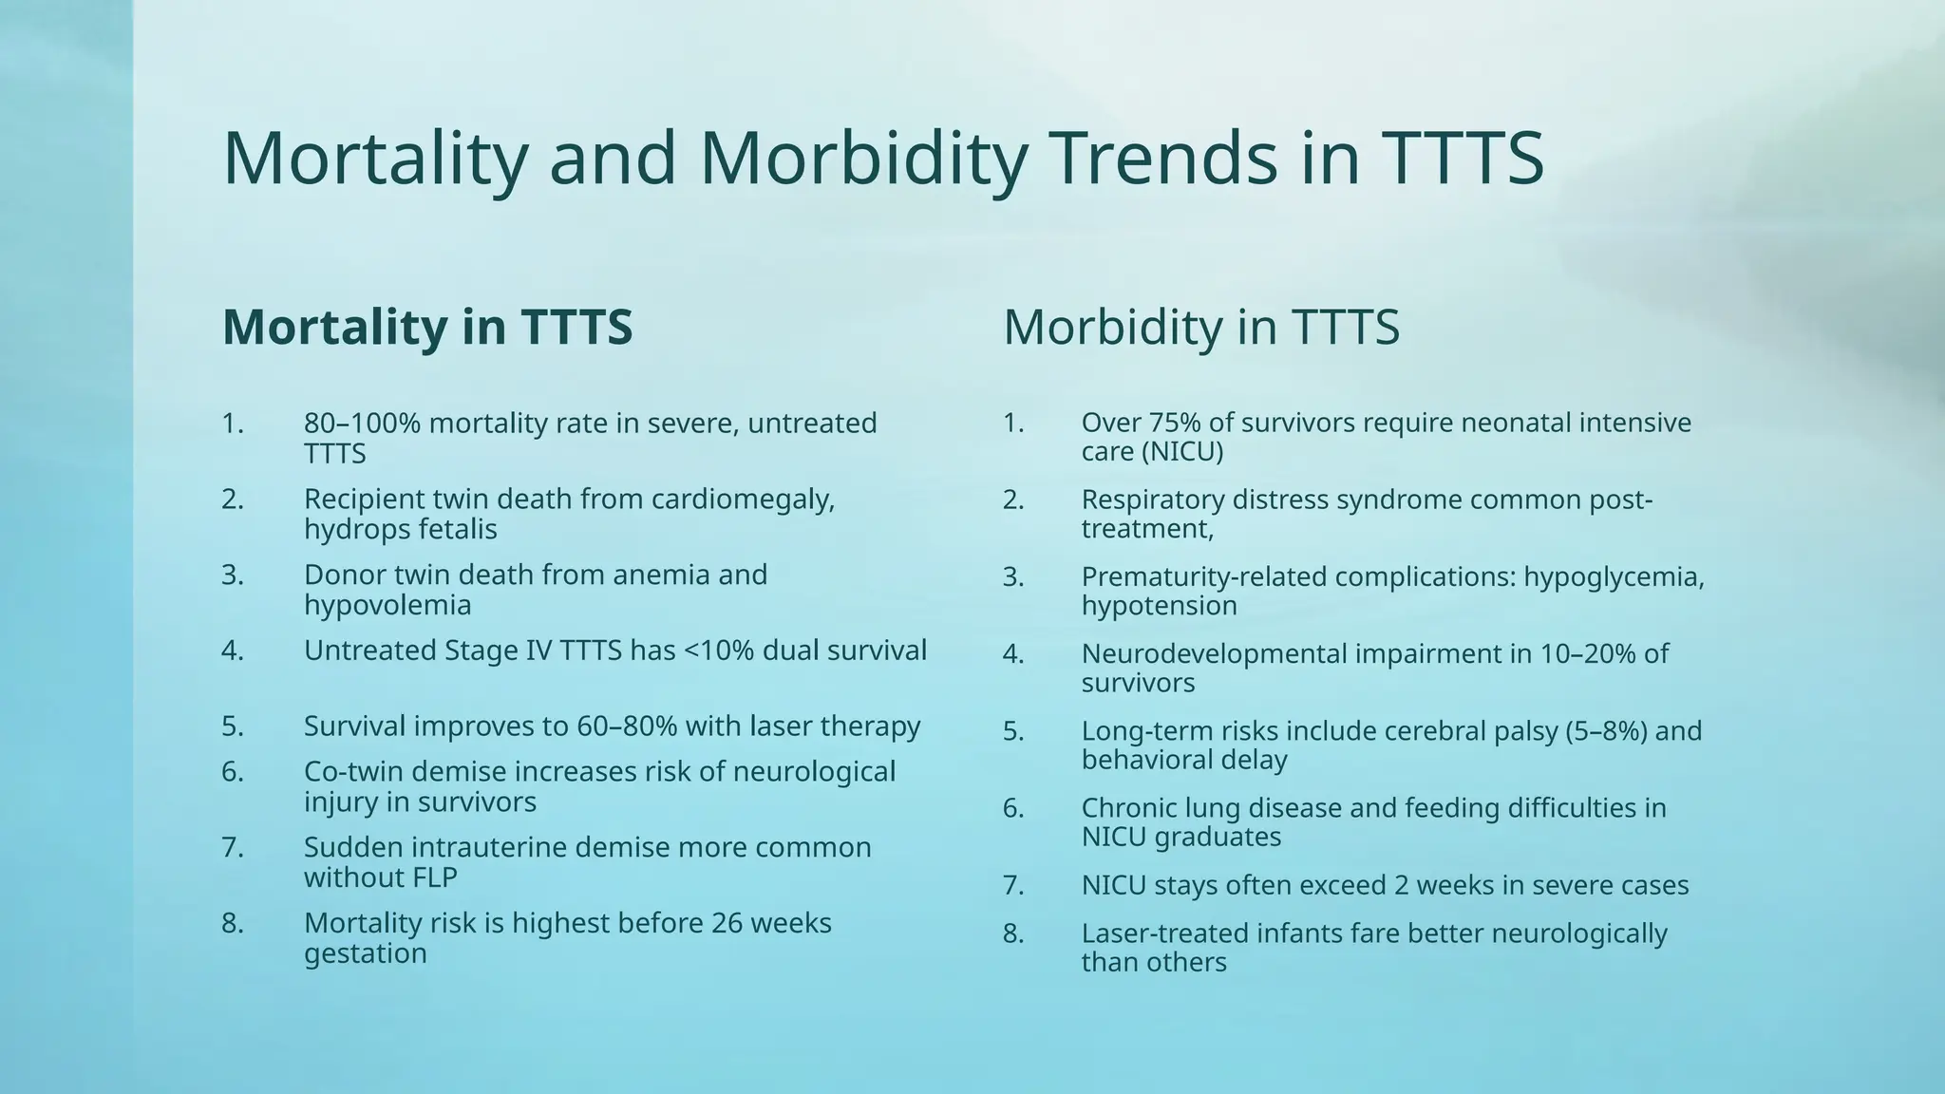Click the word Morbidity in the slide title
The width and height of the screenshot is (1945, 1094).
(x=862, y=159)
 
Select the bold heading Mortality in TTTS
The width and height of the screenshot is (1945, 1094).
(x=426, y=327)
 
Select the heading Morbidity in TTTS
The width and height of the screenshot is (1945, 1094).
(x=1200, y=327)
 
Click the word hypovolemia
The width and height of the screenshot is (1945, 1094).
(x=387, y=605)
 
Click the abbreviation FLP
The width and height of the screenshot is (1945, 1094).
(x=434, y=877)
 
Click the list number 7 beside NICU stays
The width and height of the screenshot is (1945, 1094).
(x=1012, y=885)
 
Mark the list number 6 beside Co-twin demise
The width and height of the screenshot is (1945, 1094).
(x=233, y=771)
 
